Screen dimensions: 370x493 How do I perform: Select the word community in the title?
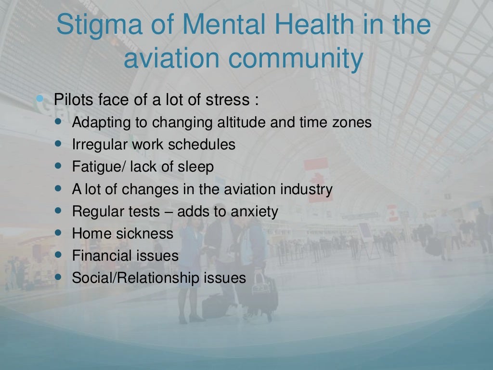[296, 60]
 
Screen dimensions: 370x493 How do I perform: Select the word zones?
[352, 122]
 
